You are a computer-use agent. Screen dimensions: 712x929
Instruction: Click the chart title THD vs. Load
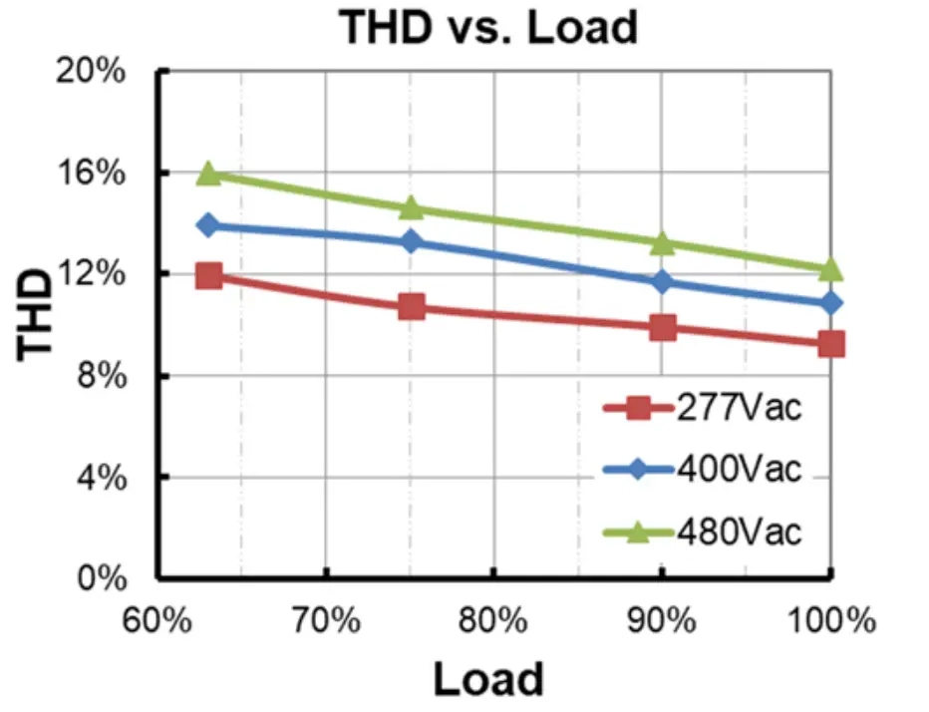[x=487, y=27]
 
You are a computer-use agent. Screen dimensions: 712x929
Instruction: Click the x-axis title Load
[x=488, y=679]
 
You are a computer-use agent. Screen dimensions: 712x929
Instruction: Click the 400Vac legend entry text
[x=739, y=469]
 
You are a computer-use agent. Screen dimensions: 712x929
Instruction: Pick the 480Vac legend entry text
[x=739, y=532]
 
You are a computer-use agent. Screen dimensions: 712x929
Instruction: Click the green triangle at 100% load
[x=830, y=269]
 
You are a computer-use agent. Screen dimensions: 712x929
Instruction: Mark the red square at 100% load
[x=830, y=344]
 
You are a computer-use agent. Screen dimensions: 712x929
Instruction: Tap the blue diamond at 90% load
[x=662, y=282]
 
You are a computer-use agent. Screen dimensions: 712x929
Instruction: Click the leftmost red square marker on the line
[x=208, y=275]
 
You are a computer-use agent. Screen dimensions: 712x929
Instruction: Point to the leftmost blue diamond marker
[x=208, y=225]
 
